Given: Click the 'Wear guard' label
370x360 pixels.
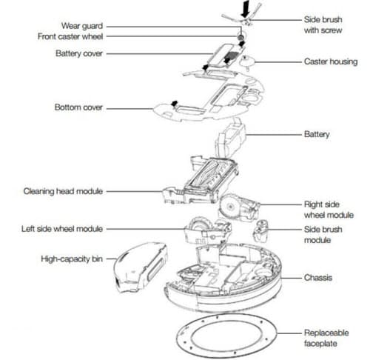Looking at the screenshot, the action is (x=82, y=26).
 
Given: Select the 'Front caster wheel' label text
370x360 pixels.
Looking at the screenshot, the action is (x=70, y=36).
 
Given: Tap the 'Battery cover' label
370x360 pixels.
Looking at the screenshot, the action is (x=79, y=53).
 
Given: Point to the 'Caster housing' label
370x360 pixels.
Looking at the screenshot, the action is (x=331, y=61).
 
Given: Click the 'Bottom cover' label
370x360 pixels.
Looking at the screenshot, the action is (x=78, y=107).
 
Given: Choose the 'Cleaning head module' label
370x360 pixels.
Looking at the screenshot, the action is (x=63, y=191).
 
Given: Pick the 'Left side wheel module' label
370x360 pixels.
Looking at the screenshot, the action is (x=62, y=229).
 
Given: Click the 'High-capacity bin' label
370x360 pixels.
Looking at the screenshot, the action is (x=72, y=259).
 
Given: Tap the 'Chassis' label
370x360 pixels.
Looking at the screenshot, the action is (x=318, y=278).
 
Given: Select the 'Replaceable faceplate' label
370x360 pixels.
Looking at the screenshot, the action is (x=326, y=338).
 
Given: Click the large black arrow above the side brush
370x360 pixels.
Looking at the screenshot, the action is (x=246, y=9).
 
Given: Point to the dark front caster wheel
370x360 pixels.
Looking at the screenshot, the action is (x=240, y=37).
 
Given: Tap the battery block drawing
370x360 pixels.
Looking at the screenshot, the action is (x=231, y=139).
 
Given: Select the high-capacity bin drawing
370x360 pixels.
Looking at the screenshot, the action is (x=140, y=267).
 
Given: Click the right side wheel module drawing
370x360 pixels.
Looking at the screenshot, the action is (x=239, y=206).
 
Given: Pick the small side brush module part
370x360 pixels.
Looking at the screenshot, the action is (x=260, y=231).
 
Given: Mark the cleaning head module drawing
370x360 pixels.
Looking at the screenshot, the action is (x=201, y=180).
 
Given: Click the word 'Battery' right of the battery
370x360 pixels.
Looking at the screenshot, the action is (x=317, y=134).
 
